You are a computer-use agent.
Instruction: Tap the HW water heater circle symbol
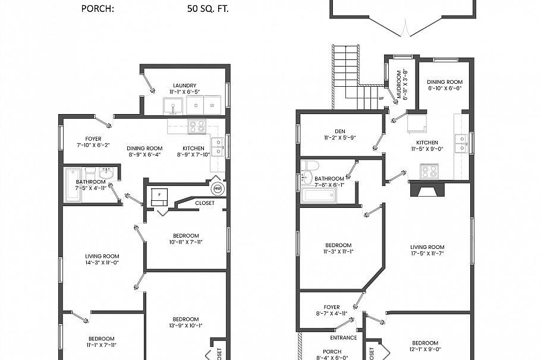pos(218,190)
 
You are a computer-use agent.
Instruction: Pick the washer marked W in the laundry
pos(212,106)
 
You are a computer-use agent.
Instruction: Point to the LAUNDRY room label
pos(184,86)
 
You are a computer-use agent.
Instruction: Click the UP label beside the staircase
pos(381,99)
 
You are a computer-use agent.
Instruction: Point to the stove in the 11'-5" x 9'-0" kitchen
pos(429,172)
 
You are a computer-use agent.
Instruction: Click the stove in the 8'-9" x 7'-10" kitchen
pos(197,126)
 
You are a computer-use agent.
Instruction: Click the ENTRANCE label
pos(344,338)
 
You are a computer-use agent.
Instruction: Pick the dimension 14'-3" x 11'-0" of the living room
pos(102,262)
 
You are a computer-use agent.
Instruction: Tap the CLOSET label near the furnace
pos(205,203)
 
